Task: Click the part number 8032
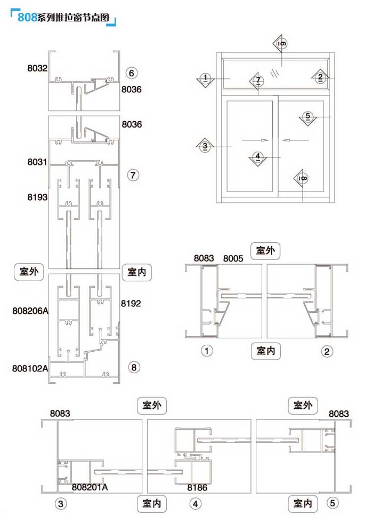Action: (38, 68)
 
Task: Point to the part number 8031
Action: (38, 161)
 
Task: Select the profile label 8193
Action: (38, 197)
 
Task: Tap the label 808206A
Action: (30, 310)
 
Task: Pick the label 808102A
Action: (30, 368)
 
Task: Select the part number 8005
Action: (233, 258)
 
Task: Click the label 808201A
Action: (90, 487)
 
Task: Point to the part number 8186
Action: (197, 487)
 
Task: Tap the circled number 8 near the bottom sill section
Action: (133, 367)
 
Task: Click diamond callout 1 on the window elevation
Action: (206, 79)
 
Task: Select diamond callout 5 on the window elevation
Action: (307, 116)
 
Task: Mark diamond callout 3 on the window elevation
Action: (205, 145)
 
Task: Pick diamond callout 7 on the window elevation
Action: (258, 81)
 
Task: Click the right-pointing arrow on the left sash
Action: (255, 140)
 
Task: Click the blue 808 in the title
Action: (27, 17)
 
